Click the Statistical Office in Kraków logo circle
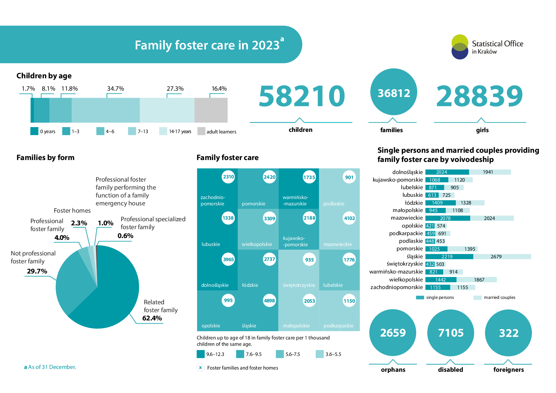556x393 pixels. pos(460,47)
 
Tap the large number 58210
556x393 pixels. pos(302,96)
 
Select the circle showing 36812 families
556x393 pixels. pos(394,92)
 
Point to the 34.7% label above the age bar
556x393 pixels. pos(115,88)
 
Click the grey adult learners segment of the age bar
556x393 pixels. pos(211,110)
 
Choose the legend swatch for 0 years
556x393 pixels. pos(34,131)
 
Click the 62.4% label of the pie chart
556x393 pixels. pos(152,318)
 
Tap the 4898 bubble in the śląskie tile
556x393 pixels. pos(269,300)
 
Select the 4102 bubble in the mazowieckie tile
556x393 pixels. pos(349,218)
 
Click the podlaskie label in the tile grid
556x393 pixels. pos(334,203)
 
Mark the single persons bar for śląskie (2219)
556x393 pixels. pos(449,257)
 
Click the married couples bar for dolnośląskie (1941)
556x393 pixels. pos(490,172)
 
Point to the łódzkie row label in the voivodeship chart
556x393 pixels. pos(414,203)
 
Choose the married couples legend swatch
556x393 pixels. pos(477,298)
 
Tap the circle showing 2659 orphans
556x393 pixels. pos(393,332)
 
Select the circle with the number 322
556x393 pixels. pos(508,333)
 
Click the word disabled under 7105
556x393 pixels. pos(450,370)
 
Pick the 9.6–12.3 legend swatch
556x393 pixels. pos(201,354)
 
